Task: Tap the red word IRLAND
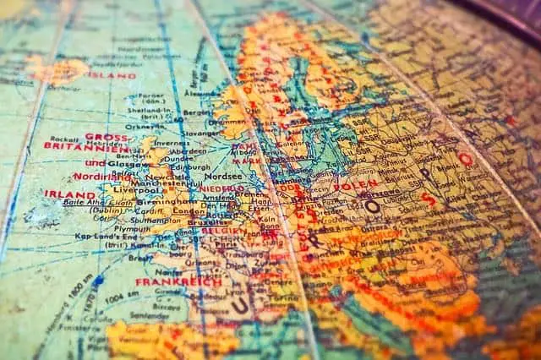69,194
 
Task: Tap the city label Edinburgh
191,166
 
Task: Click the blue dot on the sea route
98,280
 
